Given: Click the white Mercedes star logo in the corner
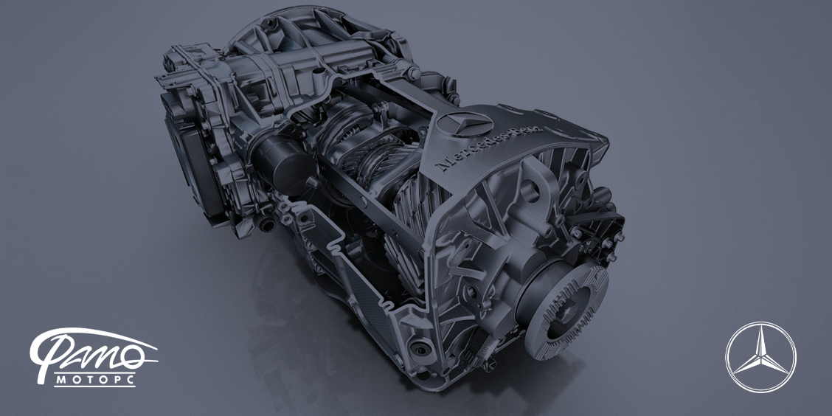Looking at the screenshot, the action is point(760,356).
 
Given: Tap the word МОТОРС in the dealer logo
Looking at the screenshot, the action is point(95,380).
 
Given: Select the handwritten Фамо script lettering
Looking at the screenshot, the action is point(94,350).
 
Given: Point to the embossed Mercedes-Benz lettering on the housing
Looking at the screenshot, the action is point(489,148).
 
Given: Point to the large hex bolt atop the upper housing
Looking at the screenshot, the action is point(413,73).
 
